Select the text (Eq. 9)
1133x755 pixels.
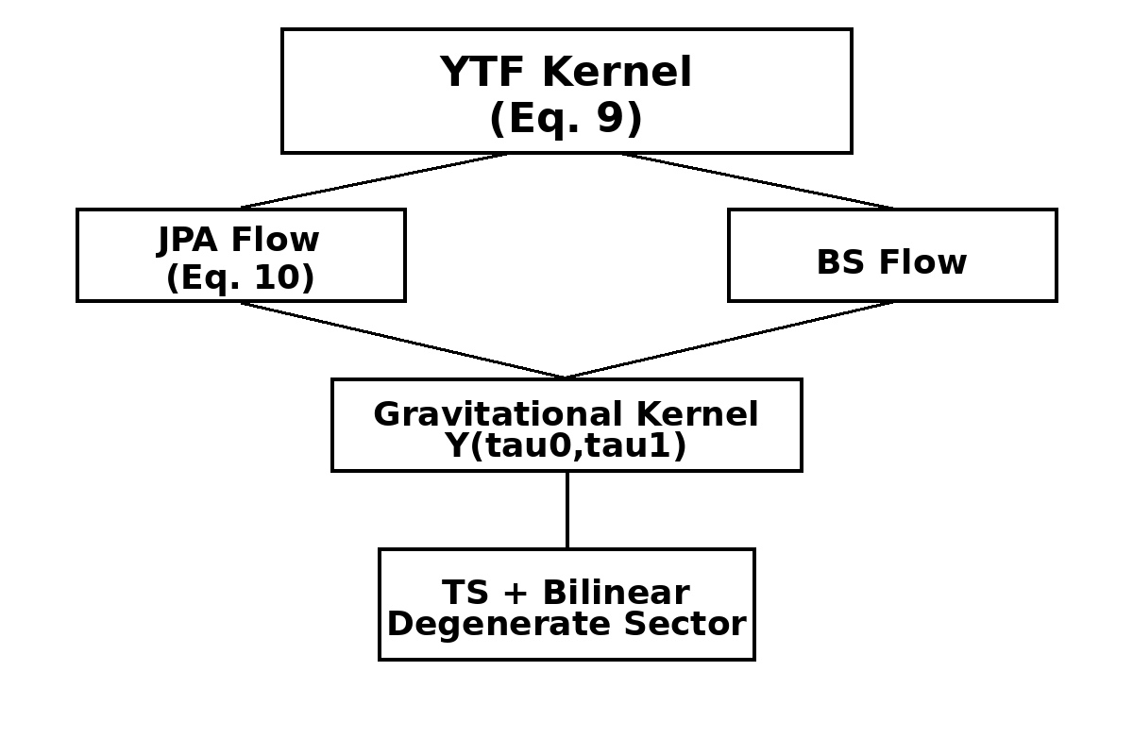point(566,119)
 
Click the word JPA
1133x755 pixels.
point(186,241)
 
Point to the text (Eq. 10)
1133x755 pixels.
point(240,278)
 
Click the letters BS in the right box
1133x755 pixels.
point(836,263)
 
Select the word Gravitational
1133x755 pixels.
point(498,415)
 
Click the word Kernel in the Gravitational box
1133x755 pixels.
point(697,415)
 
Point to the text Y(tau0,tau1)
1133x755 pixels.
point(566,446)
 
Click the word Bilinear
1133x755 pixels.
point(616,594)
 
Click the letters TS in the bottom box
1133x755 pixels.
point(465,594)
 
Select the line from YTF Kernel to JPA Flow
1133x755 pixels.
point(374,180)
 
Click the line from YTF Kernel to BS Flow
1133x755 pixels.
point(757,180)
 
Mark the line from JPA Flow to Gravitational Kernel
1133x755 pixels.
point(403,340)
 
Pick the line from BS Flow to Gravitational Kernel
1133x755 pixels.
point(729,340)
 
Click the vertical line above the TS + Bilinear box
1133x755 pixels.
point(566,510)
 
